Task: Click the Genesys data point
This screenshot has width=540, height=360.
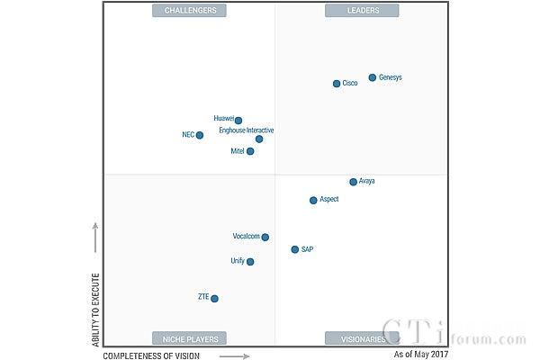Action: point(372,78)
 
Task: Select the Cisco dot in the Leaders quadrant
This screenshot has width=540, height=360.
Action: point(337,84)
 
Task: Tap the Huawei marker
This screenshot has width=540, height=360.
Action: point(238,121)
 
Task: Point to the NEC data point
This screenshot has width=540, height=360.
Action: point(200,135)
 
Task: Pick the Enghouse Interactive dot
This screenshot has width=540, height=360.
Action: point(259,139)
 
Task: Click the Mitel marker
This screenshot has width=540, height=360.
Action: point(250,151)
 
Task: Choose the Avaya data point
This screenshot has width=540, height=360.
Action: point(353,182)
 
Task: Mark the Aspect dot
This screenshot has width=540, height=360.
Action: point(313,200)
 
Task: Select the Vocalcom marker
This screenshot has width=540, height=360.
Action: point(265,237)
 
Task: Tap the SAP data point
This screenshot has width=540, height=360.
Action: point(294,249)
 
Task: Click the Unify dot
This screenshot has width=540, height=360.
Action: point(250,262)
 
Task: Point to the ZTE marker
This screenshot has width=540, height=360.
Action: point(214,298)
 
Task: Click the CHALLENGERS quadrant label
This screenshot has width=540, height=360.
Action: point(189,11)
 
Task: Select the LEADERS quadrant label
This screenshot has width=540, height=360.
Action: point(362,11)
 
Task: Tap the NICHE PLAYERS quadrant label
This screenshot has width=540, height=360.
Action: point(189,338)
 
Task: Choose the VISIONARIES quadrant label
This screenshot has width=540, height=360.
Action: point(362,338)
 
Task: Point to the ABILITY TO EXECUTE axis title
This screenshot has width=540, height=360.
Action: point(94,307)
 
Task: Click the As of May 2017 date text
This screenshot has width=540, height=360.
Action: point(421,355)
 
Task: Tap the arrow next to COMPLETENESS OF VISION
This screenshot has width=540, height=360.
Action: point(233,355)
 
